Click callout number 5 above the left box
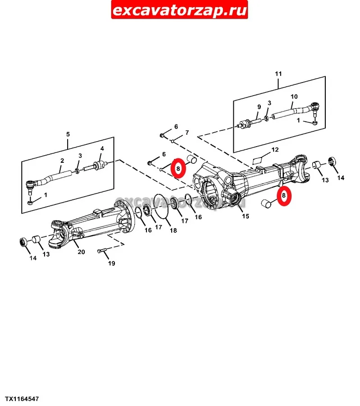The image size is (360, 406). click(68, 134)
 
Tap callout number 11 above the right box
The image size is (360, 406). click(278, 74)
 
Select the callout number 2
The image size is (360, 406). click(62, 161)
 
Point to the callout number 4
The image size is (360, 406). click(102, 148)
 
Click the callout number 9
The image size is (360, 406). click(259, 106)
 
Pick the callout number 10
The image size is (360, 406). click(294, 97)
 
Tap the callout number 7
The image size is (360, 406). click(187, 133)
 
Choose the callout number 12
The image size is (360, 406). click(275, 150)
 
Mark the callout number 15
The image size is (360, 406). click(246, 216)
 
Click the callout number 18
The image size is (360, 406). click(173, 230)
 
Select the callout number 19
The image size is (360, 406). click(111, 263)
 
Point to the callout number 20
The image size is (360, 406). click(81, 252)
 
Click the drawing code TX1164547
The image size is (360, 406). click(22, 399)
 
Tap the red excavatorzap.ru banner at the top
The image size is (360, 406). click(179, 10)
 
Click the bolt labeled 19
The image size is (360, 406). click(102, 251)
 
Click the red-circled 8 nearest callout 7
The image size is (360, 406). click(178, 168)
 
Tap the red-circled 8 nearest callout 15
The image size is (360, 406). click(284, 196)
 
